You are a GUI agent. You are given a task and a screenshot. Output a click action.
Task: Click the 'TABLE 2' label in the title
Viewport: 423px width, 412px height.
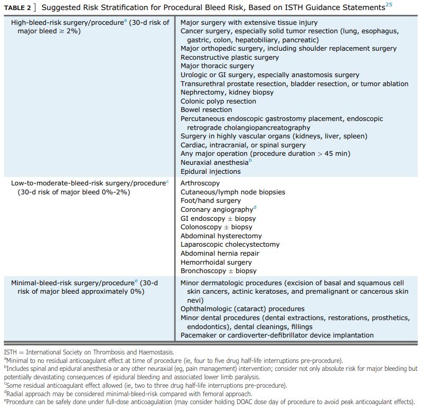click(17, 8)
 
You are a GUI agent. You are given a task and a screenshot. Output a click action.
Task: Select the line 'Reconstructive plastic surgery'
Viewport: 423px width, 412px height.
click(230, 57)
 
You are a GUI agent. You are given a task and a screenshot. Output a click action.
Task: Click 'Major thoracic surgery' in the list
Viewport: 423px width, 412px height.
click(217, 66)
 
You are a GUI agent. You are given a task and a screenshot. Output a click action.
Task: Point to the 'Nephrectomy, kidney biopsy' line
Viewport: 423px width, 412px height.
click(227, 92)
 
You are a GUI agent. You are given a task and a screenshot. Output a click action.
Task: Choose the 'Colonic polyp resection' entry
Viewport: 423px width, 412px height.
click(218, 101)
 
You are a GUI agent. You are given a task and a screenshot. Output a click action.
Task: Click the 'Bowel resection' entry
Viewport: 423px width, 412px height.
click(206, 110)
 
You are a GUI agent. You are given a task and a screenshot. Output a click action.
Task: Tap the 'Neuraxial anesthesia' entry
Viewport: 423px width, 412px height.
click(214, 163)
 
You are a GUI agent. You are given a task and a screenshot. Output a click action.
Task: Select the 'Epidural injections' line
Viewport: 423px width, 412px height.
click(210, 171)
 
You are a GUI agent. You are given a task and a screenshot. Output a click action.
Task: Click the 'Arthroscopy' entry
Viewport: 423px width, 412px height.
click(200, 183)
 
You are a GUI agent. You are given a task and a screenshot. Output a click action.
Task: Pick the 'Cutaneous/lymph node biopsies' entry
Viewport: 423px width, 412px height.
click(233, 192)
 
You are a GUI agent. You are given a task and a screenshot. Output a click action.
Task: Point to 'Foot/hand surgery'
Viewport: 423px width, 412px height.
click(210, 201)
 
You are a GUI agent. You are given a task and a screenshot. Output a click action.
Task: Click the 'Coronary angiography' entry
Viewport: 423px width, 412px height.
click(217, 210)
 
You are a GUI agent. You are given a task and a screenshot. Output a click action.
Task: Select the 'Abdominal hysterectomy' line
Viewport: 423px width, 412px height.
click(221, 236)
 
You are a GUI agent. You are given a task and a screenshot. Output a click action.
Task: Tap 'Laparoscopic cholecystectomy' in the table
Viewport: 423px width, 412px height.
click(230, 245)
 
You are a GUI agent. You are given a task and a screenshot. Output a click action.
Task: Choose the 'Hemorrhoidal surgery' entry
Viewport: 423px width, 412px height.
click(216, 263)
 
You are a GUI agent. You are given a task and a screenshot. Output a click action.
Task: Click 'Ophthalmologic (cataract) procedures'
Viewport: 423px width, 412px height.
click(242, 309)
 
